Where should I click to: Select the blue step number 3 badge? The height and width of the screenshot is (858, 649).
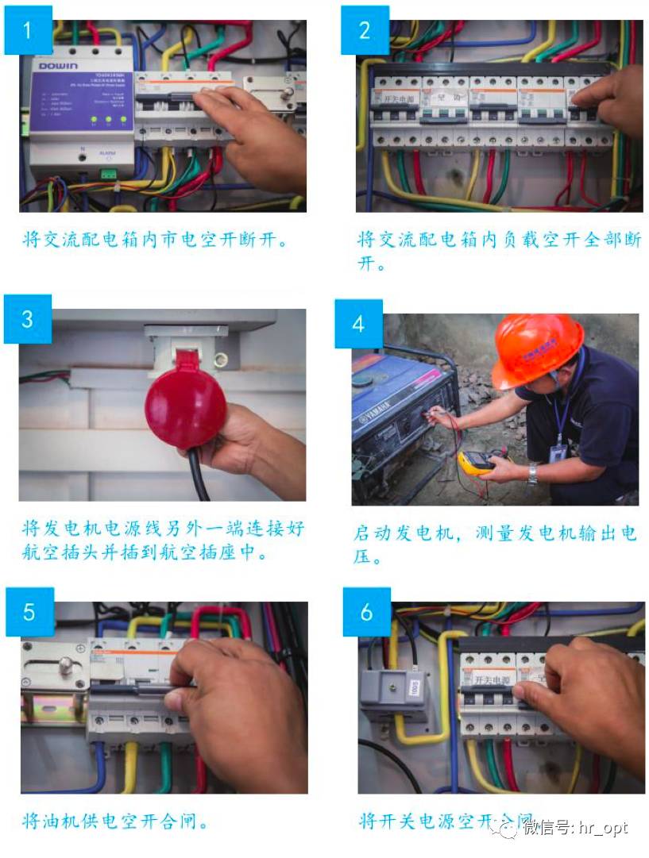pyautogui.click(x=28, y=318)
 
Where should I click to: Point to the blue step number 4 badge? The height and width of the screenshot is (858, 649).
pyautogui.click(x=358, y=324)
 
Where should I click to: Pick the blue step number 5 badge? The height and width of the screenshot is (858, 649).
pyautogui.click(x=29, y=612)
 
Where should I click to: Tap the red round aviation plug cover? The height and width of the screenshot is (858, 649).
pyautogui.click(x=186, y=403)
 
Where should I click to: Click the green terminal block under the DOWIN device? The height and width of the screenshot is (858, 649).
pyautogui.click(x=107, y=172)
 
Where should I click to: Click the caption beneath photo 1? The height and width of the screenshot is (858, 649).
pyautogui.click(x=154, y=239)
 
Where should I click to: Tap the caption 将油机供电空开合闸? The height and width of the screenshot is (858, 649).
pyautogui.click(x=116, y=821)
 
